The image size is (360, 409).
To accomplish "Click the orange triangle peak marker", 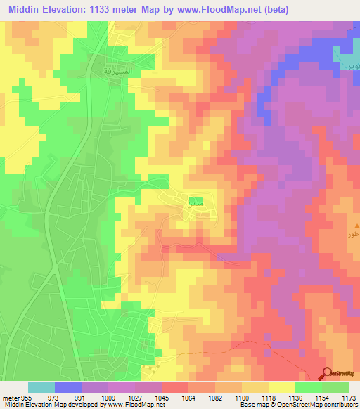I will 354,226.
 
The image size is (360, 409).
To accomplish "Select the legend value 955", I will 27,397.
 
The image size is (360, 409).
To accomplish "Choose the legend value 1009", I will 110,397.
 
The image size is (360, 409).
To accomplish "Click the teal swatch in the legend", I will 41,387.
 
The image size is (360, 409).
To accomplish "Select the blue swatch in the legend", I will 68,387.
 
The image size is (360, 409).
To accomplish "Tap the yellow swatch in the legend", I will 282,387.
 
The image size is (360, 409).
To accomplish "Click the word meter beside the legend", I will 10,397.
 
